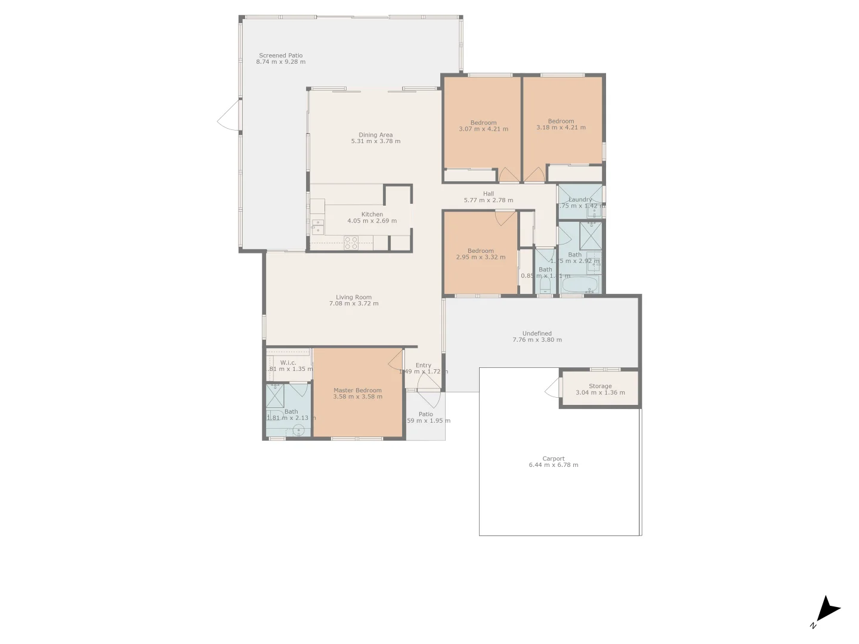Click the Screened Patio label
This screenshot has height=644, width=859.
click(x=280, y=55)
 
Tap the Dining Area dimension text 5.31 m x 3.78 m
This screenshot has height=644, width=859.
click(x=375, y=141)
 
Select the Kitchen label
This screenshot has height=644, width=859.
click(x=372, y=214)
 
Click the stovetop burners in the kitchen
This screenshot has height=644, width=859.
click(x=351, y=243)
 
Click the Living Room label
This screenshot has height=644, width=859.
click(x=353, y=297)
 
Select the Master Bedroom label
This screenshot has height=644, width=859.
click(x=357, y=391)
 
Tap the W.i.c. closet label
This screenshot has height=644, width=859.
click(x=288, y=363)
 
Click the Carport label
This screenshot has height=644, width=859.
click(x=553, y=459)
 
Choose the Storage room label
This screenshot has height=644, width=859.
click(x=600, y=386)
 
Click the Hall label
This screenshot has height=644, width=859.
click(x=489, y=194)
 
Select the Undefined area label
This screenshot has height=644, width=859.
click(x=537, y=333)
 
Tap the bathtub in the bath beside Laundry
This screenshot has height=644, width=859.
click(x=580, y=285)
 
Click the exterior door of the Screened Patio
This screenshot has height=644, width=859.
click(x=228, y=116)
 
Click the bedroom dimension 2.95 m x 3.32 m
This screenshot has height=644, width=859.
click(x=480, y=258)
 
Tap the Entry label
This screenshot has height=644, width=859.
click(x=424, y=365)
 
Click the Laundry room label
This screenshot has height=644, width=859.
click(x=580, y=200)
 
